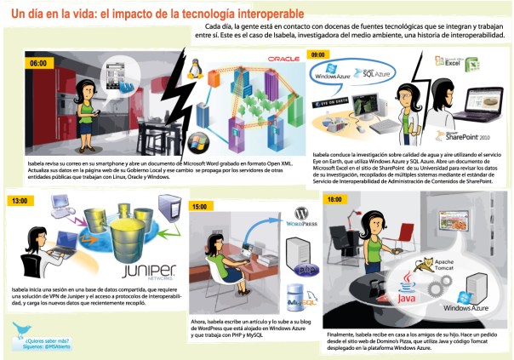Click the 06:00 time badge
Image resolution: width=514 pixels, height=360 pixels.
[38, 63]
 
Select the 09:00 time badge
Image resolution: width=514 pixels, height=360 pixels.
[318, 54]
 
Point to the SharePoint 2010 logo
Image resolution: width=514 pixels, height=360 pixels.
[464, 136]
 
